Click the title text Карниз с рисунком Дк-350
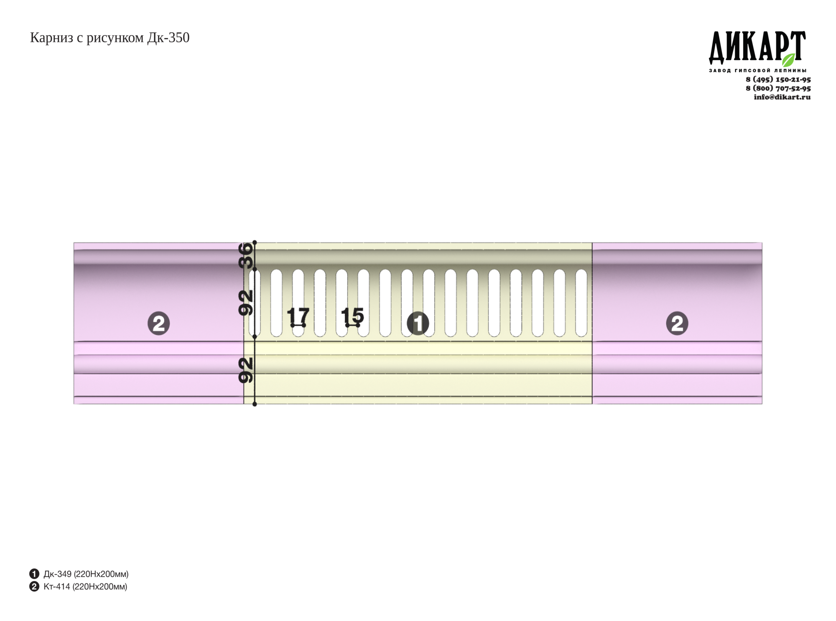(110, 38)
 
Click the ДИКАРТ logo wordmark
(757, 47)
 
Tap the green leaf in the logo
(788, 60)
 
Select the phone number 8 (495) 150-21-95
(778, 79)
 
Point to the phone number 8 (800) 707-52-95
(778, 88)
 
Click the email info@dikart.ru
(782, 97)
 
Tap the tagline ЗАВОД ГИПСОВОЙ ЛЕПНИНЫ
(757, 71)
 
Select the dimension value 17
(298, 316)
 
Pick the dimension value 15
(352, 316)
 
